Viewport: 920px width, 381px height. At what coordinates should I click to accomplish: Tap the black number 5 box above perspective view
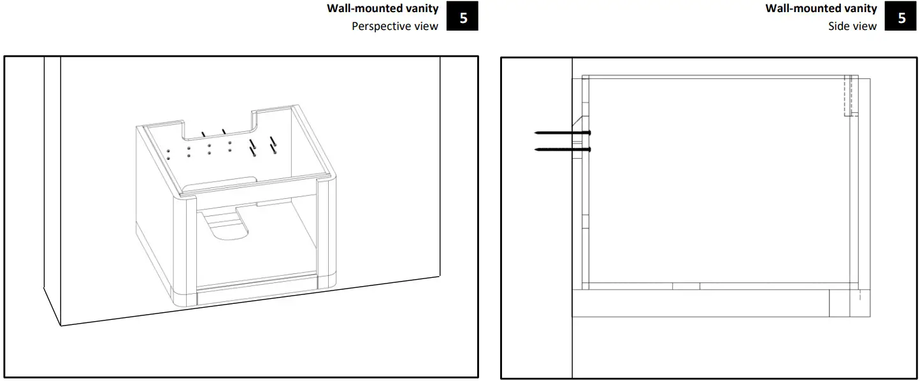pos(463,18)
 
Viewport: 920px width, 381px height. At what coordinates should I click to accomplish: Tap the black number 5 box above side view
pos(902,18)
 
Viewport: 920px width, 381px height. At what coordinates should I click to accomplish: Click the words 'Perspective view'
pos(394,27)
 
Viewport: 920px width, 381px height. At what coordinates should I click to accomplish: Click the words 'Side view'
pos(852,27)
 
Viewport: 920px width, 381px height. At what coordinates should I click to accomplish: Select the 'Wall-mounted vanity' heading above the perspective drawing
pos(382,9)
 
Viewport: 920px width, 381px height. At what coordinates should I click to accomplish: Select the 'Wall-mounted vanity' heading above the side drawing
pos(821,9)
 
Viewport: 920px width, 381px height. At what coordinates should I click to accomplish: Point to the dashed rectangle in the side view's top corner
pos(848,96)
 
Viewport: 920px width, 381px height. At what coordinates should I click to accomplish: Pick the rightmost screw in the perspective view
pos(273,145)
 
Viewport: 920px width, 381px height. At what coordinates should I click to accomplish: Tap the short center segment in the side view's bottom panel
pos(686,286)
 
